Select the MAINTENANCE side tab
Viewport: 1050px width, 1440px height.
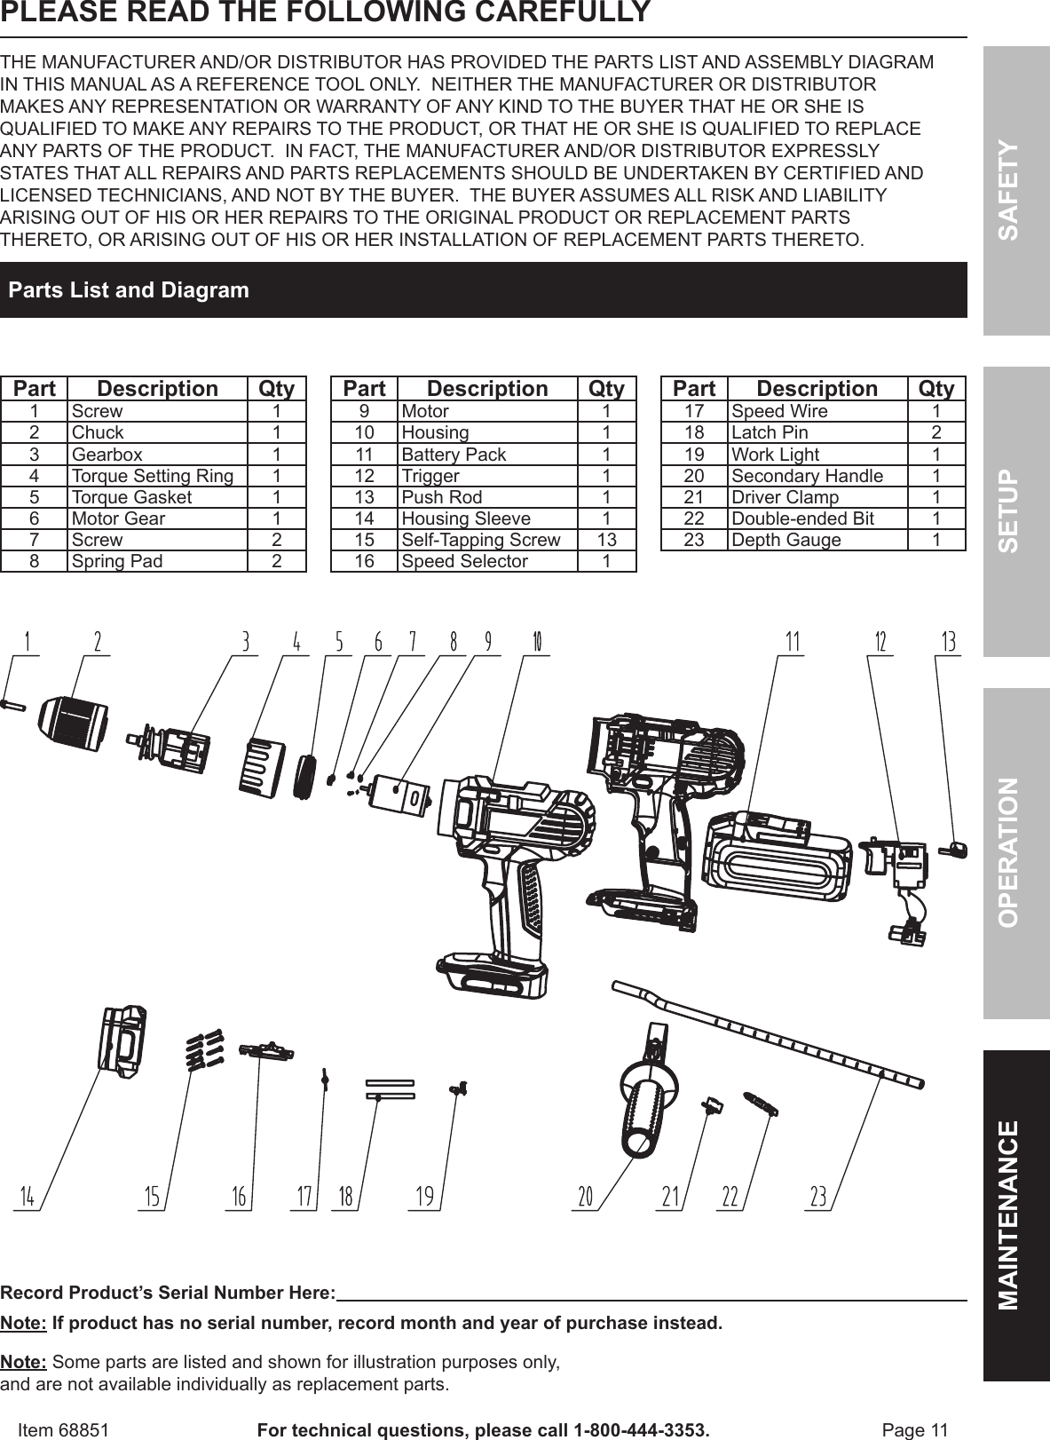pyautogui.click(x=1016, y=1215)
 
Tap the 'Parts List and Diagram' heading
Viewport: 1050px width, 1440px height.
pyautogui.click(x=129, y=290)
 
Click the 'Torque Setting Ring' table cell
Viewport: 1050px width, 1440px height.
pyautogui.click(x=153, y=476)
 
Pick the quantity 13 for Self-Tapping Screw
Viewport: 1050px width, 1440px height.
pyautogui.click(x=606, y=540)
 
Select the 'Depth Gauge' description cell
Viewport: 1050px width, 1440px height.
pyautogui.click(x=786, y=540)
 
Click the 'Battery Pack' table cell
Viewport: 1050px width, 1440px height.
pyautogui.click(x=454, y=455)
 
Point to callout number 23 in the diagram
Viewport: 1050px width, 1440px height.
pyautogui.click(x=818, y=1197)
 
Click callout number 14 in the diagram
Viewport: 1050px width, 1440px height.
pyautogui.click(x=28, y=1197)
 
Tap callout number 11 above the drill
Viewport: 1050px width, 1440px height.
pyautogui.click(x=793, y=642)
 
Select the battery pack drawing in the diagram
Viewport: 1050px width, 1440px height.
pyautogui.click(x=777, y=866)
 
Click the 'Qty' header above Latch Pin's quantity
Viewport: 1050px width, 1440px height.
pyautogui.click(x=936, y=389)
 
